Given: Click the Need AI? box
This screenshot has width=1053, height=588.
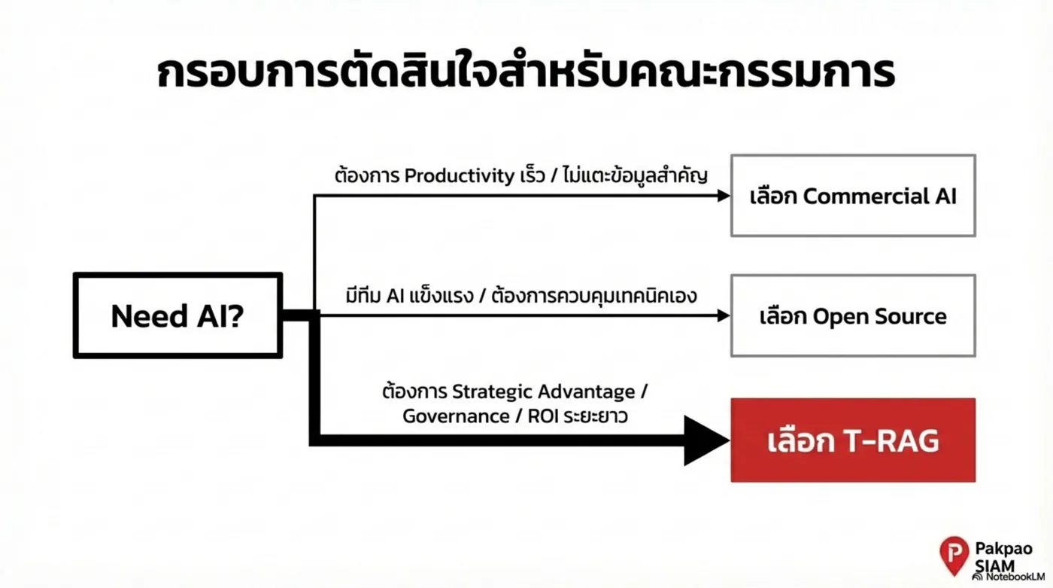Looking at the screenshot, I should (x=178, y=315).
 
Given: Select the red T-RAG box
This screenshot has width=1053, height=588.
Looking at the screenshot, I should (x=853, y=440).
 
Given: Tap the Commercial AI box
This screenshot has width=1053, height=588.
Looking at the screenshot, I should (x=853, y=196).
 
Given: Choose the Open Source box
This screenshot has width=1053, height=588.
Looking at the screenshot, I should (x=853, y=315).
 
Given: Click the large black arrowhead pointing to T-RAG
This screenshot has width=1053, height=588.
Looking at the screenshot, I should (x=706, y=440).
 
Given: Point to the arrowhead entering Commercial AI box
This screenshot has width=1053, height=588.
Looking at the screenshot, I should (x=724, y=196).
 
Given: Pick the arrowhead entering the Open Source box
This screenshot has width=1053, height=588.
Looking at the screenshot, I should (x=724, y=315).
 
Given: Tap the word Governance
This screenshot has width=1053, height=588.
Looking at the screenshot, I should (x=456, y=416).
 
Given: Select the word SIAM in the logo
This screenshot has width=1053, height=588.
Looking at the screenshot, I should (x=994, y=565).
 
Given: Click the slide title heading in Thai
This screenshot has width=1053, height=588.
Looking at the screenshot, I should (x=526, y=74).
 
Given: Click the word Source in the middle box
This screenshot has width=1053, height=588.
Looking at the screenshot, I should (x=914, y=315).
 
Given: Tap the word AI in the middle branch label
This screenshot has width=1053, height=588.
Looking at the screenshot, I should (x=396, y=296).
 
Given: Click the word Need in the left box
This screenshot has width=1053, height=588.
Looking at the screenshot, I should (x=144, y=316).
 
